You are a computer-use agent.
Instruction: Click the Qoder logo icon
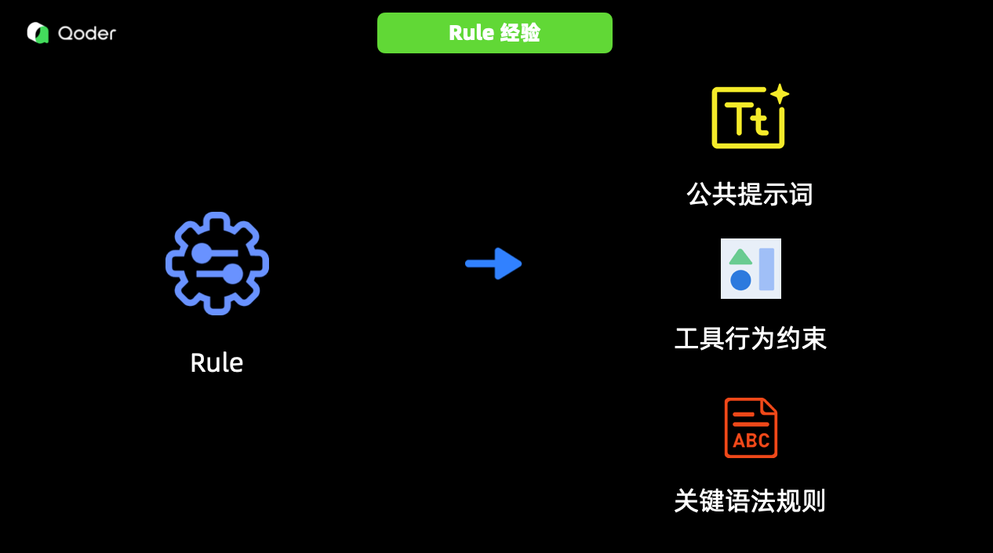(38, 33)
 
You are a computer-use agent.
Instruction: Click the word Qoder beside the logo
(86, 33)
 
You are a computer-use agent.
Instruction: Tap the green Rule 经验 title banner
(494, 33)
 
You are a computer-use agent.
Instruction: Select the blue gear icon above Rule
(217, 264)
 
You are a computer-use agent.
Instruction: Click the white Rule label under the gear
(216, 362)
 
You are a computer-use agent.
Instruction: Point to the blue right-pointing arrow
(493, 264)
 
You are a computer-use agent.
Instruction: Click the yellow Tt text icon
(747, 118)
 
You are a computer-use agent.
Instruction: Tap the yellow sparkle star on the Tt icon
(779, 94)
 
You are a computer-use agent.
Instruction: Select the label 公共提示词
(750, 194)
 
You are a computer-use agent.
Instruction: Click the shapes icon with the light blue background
(751, 268)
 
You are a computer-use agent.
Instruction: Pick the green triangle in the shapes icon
(740, 256)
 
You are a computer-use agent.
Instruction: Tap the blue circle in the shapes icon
(740, 280)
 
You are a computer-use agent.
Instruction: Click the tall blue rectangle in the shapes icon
(766, 269)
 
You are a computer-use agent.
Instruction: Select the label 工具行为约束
(751, 339)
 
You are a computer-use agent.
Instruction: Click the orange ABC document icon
(751, 427)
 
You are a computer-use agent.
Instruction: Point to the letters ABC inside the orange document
(751, 441)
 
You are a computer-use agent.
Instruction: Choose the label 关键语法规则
(750, 500)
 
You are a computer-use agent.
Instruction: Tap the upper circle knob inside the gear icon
(202, 253)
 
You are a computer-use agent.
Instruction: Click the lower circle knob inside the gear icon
(232, 274)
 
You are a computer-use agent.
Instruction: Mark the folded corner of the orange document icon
(769, 406)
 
